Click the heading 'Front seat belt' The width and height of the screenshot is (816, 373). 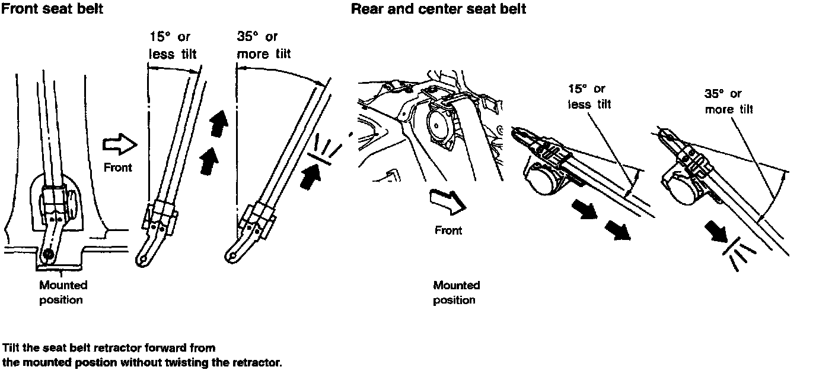point(52,10)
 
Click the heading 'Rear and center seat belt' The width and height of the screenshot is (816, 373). point(438,10)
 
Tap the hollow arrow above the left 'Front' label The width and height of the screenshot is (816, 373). point(119,146)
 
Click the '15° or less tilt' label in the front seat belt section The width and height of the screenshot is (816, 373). point(172,46)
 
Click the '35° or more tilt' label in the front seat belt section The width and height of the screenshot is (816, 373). point(263,46)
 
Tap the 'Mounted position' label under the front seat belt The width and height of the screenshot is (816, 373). point(62,292)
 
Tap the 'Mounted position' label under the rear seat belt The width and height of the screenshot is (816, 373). point(455,292)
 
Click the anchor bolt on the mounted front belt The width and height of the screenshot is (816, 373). point(46,257)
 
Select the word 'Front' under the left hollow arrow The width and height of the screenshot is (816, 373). point(118,167)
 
